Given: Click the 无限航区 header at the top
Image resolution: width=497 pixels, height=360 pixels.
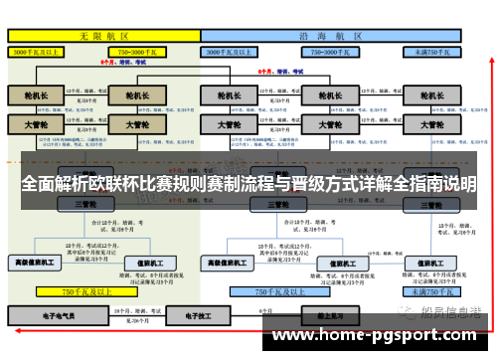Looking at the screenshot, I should pyautogui.click(x=103, y=34).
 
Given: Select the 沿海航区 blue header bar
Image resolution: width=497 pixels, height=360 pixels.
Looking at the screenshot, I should pyautogui.click(x=332, y=34).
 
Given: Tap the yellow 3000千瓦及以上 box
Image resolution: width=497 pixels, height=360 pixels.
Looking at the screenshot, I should pyautogui.click(x=40, y=49).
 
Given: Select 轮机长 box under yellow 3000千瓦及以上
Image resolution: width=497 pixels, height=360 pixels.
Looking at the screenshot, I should pyautogui.click(x=36, y=95).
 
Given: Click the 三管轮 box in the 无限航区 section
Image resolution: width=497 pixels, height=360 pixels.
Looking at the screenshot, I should pyautogui.click(x=85, y=203).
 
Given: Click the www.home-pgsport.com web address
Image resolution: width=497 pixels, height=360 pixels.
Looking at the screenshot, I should pyautogui.click(x=378, y=337).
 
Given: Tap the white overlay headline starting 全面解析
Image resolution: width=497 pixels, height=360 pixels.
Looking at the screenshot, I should pyautogui.click(x=248, y=185).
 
